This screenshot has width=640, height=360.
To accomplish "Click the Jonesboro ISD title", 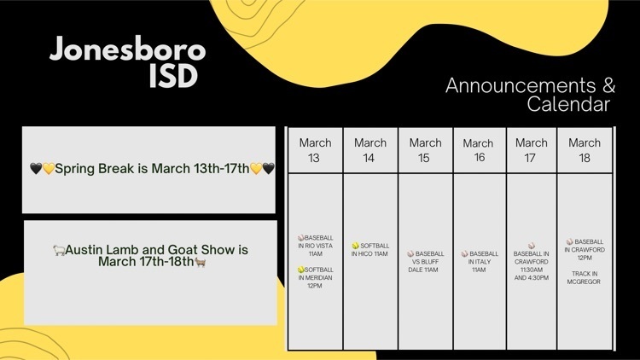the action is click(x=128, y=62).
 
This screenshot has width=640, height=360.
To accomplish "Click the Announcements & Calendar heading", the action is click(x=530, y=95).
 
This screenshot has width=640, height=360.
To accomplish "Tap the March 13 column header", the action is click(x=315, y=150).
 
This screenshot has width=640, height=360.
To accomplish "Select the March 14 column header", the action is click(x=369, y=150).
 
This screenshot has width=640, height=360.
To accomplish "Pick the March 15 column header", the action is click(x=425, y=150).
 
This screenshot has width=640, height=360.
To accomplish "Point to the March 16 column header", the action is click(x=478, y=150).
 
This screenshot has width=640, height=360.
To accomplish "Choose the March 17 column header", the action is click(x=531, y=150).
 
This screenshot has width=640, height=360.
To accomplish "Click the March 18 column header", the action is click(x=585, y=150).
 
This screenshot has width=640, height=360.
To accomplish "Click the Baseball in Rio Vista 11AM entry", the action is click(x=315, y=246).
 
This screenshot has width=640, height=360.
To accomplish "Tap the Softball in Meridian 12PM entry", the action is click(x=315, y=277).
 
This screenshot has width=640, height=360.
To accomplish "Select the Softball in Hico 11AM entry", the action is click(x=369, y=249).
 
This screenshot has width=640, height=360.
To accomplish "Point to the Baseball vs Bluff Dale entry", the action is click(x=425, y=262).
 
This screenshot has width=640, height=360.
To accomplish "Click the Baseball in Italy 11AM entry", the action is click(x=480, y=262).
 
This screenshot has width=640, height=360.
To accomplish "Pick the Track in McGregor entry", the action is click(x=584, y=277).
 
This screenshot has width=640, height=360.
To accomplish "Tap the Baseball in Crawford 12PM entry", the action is click(x=584, y=249).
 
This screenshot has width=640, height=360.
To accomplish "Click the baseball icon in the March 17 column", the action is click(x=532, y=246).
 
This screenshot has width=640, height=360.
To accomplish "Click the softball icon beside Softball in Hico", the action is click(x=356, y=246).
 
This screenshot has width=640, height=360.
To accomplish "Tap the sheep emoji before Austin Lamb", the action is click(x=59, y=250).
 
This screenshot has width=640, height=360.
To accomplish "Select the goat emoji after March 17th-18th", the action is click(x=200, y=262).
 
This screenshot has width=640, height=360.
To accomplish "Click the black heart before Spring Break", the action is click(x=36, y=168).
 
